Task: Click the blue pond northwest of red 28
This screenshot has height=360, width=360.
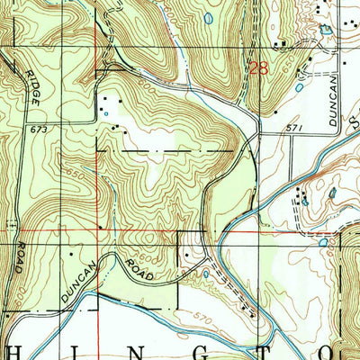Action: pyautogui.click(x=209, y=16)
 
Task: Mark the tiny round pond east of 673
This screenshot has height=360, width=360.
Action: pyautogui.click(x=105, y=113)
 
